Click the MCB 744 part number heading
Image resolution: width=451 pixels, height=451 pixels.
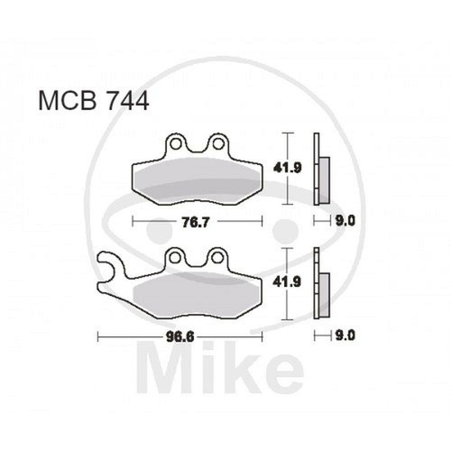point(94,101)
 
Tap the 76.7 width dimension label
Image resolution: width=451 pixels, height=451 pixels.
point(196,223)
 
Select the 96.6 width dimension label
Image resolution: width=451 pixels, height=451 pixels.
point(180,337)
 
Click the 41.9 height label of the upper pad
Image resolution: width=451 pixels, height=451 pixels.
point(287,168)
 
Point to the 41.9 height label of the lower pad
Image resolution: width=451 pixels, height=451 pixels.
point(287,282)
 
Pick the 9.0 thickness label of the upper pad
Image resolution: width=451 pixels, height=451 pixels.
point(345,222)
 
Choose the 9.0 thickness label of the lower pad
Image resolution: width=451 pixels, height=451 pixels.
point(345,336)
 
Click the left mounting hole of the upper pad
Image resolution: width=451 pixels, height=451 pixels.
point(175,144)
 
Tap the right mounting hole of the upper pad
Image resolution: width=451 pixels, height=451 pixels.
point(218,144)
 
